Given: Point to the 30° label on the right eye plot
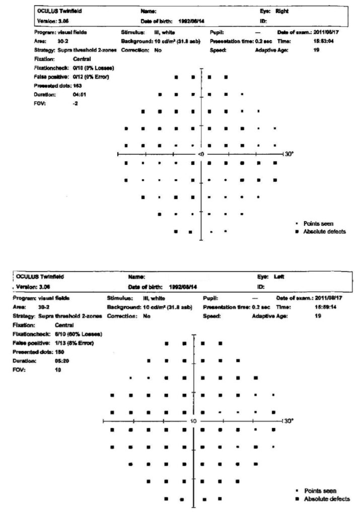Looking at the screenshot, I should [290, 154].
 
